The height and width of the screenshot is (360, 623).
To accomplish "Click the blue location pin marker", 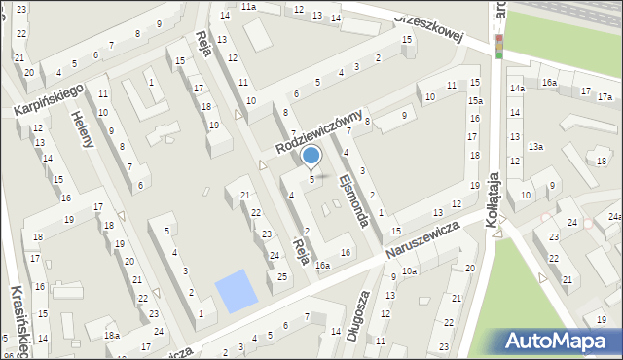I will point(311,156).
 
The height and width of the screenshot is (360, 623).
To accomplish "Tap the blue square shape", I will point(232,292).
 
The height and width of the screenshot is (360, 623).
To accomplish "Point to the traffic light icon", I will point(499,46).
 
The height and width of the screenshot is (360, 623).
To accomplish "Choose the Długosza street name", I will point(357,316).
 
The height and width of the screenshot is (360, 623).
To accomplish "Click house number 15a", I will point(474,100).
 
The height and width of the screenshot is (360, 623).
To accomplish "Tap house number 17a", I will point(605,97).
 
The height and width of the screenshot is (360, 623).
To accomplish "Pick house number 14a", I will point(516,89).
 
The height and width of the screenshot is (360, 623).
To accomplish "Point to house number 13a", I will point(534,147).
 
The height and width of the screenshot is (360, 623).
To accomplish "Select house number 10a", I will point(410,270).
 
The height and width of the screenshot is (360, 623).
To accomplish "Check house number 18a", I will point(113,336).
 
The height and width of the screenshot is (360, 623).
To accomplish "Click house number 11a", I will point(249,7).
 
